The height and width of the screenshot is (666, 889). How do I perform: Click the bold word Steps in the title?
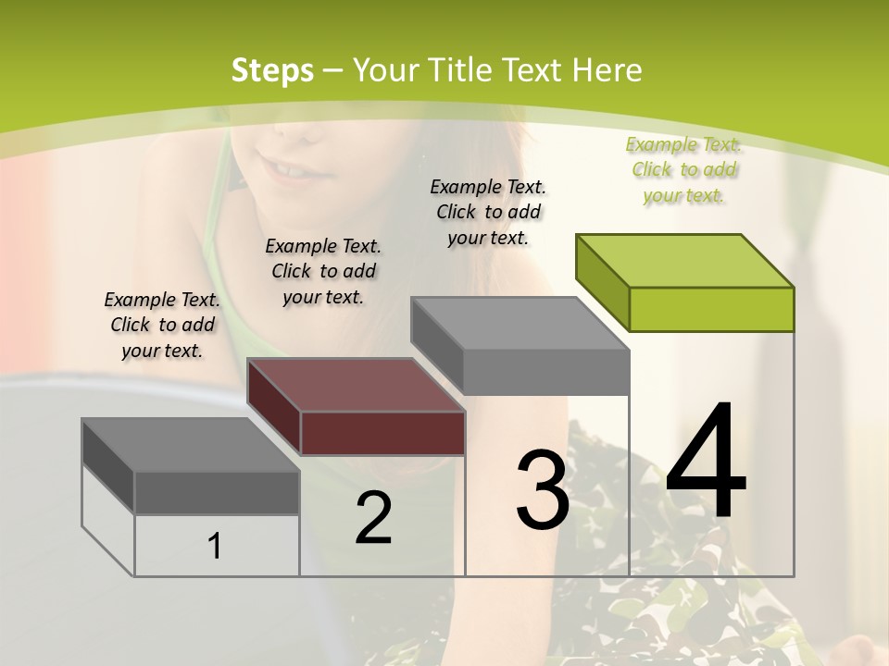coord(272,70)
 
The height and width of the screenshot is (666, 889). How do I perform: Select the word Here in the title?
coord(608,70)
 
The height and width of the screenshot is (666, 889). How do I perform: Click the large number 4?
coord(706,462)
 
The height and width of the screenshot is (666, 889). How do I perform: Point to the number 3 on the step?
coord(543,490)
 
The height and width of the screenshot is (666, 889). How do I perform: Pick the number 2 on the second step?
coord(373,518)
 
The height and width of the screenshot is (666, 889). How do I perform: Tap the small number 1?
coord(215,546)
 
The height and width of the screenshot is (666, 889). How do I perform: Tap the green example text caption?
coord(683,170)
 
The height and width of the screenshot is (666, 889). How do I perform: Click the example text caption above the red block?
coord(323,271)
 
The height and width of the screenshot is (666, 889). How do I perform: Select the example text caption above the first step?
coord(162,325)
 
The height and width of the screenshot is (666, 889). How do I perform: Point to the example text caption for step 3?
coord(488,212)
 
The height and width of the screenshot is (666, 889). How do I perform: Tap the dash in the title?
coord(333,70)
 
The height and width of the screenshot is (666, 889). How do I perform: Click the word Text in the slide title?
coord(533,70)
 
